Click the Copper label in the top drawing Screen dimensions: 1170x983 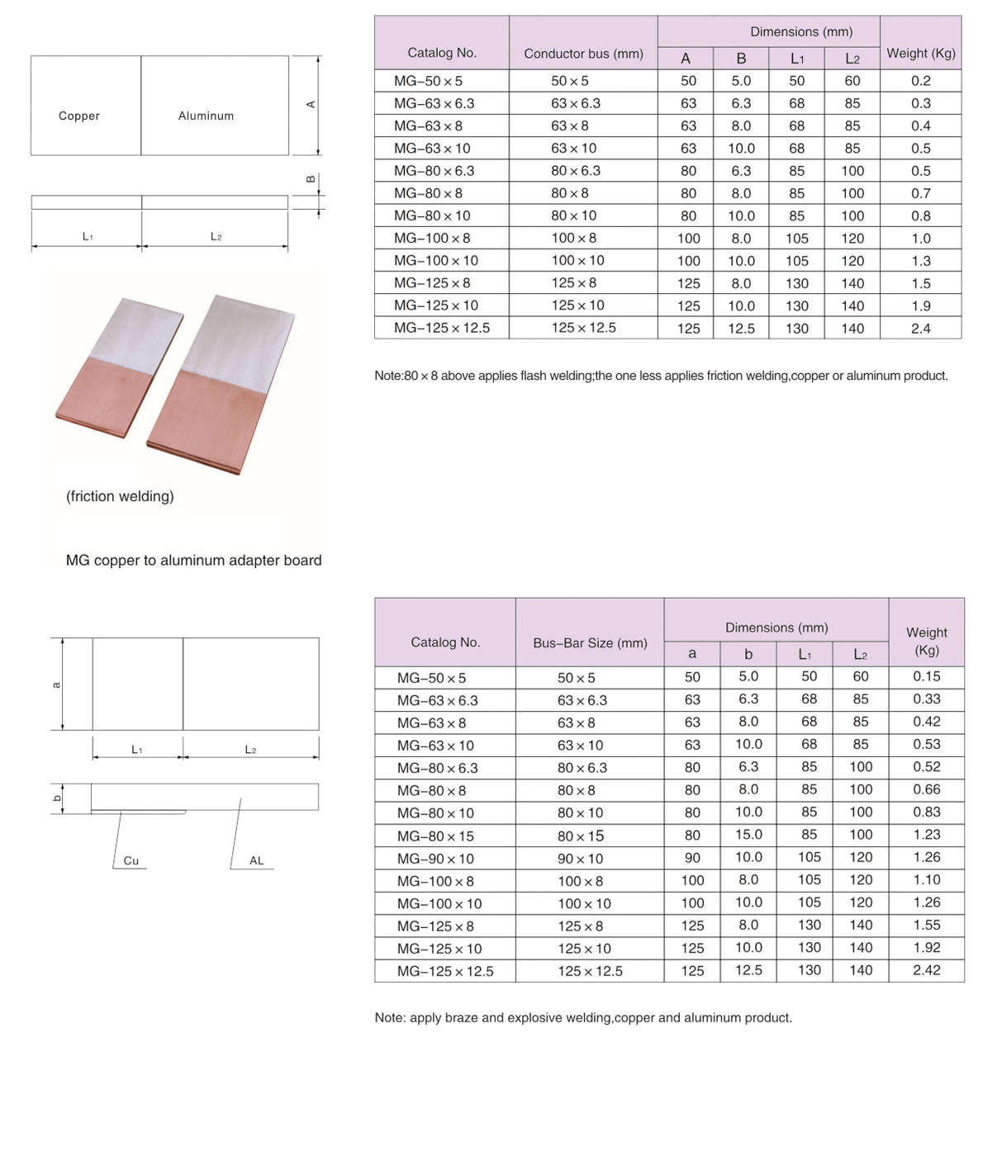[79, 116]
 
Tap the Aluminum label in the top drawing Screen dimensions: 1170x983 [206, 116]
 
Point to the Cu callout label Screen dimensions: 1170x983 [131, 860]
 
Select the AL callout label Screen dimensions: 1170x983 [257, 860]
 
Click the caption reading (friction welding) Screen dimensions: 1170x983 [120, 496]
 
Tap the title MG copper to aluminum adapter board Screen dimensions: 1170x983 [193, 560]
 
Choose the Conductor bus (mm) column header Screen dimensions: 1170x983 [583, 54]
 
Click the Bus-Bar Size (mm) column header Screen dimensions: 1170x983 [590, 642]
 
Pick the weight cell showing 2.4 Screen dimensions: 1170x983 [920, 328]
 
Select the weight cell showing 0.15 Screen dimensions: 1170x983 [926, 676]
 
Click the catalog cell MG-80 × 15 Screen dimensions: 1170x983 [435, 836]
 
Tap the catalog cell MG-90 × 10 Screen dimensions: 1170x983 [435, 859]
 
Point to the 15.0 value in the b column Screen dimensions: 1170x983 [748, 835]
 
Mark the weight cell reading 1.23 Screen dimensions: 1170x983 [926, 835]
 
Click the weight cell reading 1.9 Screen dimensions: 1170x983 [920, 306]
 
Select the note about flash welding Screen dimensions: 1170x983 [661, 376]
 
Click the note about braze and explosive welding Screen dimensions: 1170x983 [583, 1017]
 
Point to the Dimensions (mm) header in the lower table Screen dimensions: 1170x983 [776, 628]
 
